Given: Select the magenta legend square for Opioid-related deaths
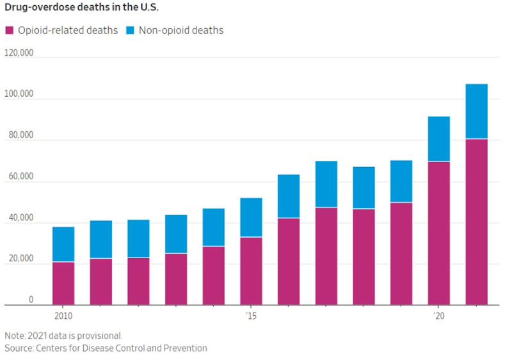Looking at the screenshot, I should (x=9, y=30).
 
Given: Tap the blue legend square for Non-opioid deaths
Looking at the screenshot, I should (x=129, y=30).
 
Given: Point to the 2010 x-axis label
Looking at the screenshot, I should (x=63, y=316).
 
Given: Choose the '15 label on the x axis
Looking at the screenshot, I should (x=250, y=316).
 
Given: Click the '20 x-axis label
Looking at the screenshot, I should (x=438, y=316).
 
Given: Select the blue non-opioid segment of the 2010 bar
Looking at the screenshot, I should (x=63, y=244).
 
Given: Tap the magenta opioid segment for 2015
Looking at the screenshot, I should (x=251, y=271).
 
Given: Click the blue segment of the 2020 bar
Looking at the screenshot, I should (x=439, y=138).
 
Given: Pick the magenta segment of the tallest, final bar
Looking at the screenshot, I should (x=476, y=222).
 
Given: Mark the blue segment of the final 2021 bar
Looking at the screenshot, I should (x=476, y=111).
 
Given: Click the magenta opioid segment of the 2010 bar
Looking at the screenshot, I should (x=63, y=283).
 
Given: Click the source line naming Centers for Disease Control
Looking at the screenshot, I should (x=106, y=348).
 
